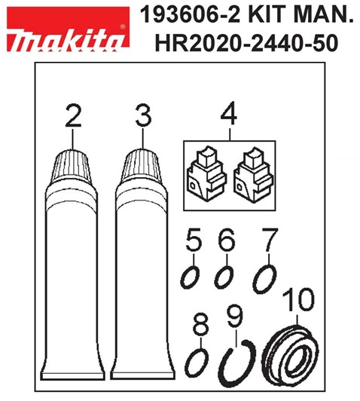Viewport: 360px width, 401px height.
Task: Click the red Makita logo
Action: pos(69,28)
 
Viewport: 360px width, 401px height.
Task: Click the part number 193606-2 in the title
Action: pos(191,15)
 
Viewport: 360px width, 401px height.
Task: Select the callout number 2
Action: pos(73,116)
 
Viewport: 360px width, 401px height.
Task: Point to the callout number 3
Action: pos(143,116)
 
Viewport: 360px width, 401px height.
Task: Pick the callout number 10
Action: pos(298,300)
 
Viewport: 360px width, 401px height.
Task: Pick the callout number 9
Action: pos(235,317)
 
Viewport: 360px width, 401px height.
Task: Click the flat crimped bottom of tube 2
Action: pos(74,375)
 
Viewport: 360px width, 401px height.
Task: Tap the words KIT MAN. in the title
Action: pos(301,15)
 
